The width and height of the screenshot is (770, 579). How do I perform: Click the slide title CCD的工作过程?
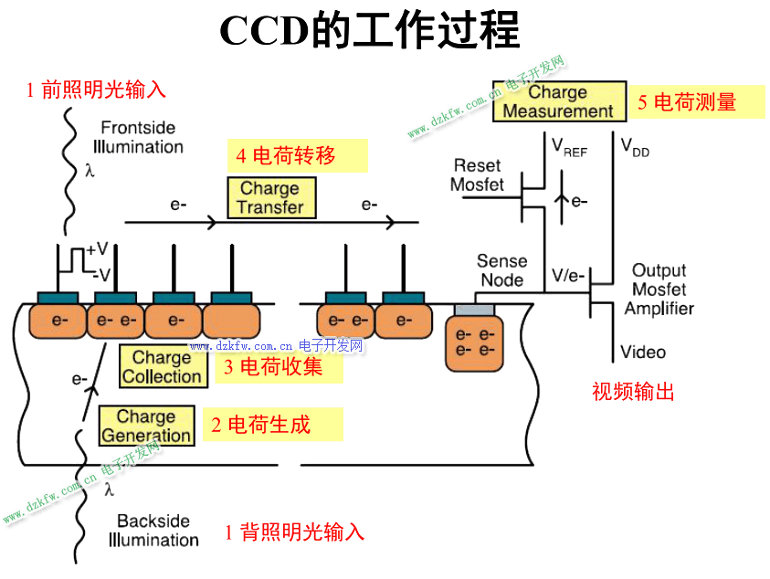(x=369, y=31)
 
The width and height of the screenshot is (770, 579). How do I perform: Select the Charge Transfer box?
(x=270, y=197)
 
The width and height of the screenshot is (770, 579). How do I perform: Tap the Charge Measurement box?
(x=558, y=101)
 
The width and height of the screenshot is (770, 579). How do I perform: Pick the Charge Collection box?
(x=162, y=366)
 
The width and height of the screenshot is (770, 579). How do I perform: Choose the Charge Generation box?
(x=146, y=426)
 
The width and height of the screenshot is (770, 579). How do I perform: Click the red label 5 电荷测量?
(x=687, y=102)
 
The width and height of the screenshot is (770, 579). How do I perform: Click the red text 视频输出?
(x=633, y=392)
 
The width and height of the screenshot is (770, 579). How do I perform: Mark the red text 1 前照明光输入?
(x=96, y=89)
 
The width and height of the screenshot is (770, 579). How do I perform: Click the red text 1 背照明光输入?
(x=294, y=532)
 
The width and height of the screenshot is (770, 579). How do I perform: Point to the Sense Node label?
(x=501, y=270)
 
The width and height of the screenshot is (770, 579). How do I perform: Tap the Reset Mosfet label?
(x=477, y=174)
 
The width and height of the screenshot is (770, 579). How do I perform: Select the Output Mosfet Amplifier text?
(x=659, y=289)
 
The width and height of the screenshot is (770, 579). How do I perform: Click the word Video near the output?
(x=643, y=352)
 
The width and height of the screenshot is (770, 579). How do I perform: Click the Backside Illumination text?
(x=153, y=531)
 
